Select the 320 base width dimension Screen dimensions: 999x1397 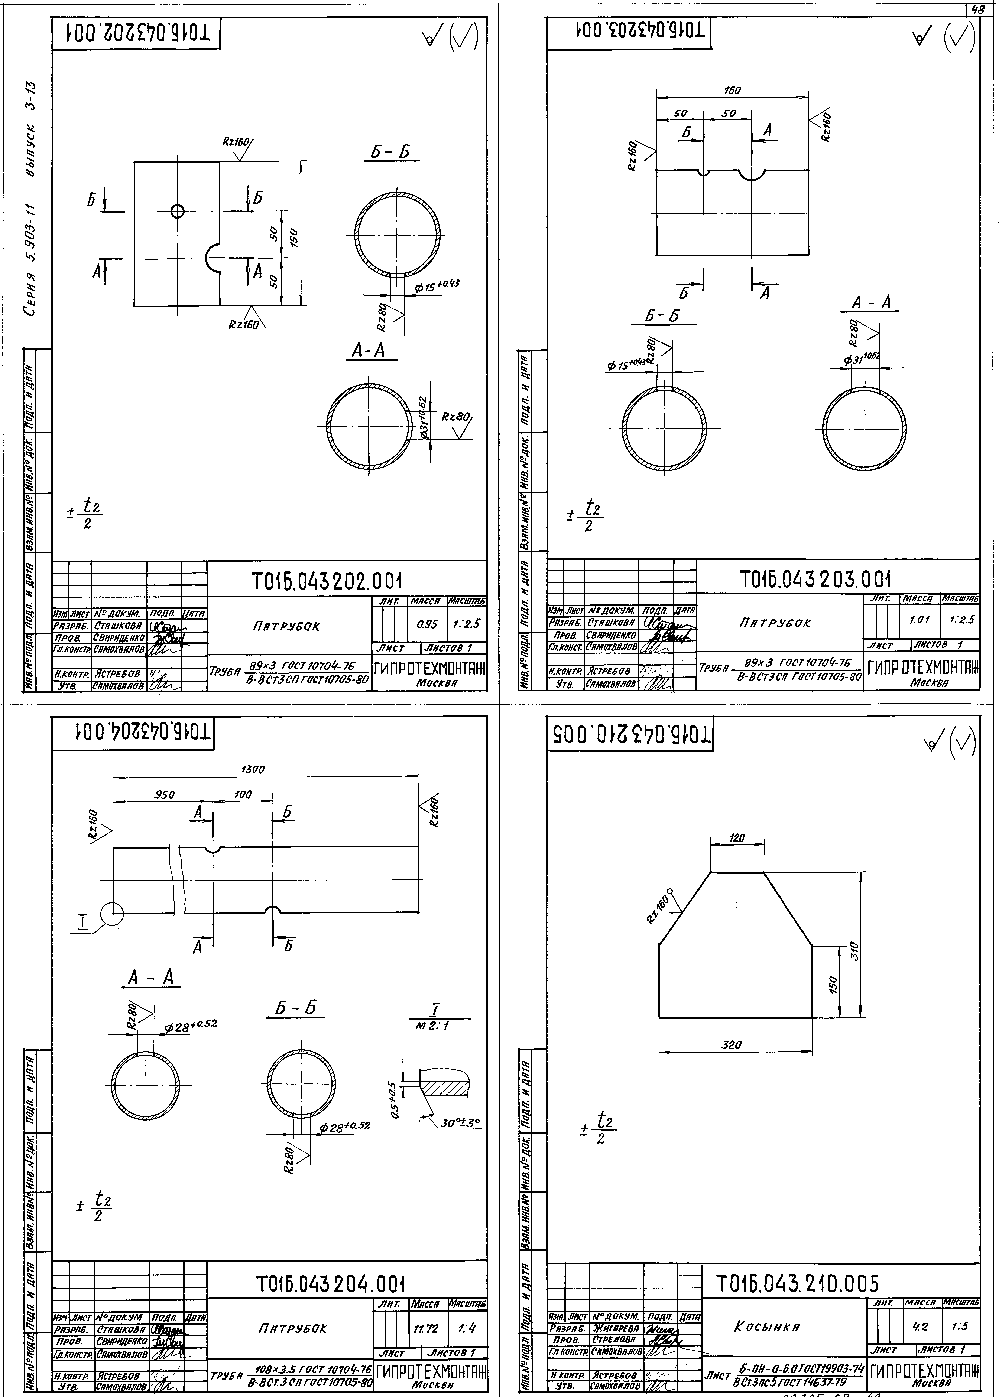[x=731, y=1045]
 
